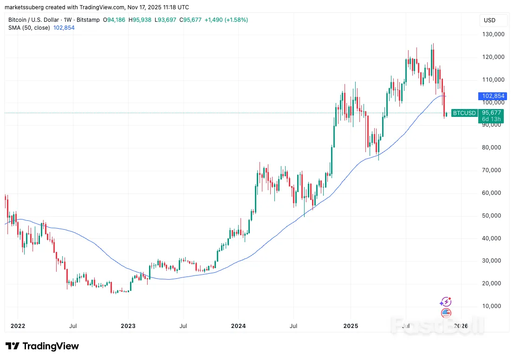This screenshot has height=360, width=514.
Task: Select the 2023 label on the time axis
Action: coord(128,326)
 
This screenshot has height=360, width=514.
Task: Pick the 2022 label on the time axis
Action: coord(17,326)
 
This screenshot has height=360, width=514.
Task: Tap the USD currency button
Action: coord(489,20)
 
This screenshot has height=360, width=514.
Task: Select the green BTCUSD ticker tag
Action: coord(465,113)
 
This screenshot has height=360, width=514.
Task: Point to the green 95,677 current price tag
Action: coord(491,113)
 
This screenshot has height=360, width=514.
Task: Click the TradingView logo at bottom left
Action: coord(42,346)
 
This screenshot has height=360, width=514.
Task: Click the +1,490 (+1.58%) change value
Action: coord(226,20)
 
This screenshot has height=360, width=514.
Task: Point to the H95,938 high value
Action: coord(142,20)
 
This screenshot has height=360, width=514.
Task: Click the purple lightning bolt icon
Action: coord(445,302)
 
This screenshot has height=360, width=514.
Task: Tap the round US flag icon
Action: coord(446,313)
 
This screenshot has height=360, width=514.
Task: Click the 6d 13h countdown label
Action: coord(491,119)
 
